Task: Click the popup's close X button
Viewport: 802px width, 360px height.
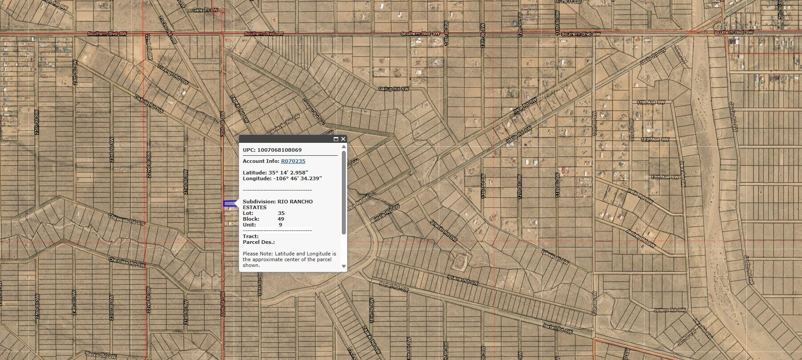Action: pos(343,139)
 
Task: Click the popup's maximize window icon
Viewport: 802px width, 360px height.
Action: pos(336,139)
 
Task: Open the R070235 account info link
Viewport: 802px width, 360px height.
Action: pos(293,161)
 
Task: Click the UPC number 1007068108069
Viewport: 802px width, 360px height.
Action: pos(279,150)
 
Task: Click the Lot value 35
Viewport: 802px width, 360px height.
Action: pos(281,213)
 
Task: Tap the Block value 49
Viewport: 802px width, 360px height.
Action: pos(280,219)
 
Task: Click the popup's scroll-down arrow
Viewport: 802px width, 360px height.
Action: pos(343,266)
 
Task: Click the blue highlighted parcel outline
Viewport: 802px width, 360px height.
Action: pos(229,204)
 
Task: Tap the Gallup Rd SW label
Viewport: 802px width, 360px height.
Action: pos(393,89)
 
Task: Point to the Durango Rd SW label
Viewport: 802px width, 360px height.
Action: pos(173,74)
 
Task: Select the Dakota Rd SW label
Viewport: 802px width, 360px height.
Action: pos(149,103)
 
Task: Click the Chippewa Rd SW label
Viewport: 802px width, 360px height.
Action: pos(126,219)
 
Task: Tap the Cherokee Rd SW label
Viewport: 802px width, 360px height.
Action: pos(127,263)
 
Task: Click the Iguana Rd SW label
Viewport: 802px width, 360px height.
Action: pos(463,279)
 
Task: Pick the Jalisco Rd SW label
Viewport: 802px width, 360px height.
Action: pos(670,310)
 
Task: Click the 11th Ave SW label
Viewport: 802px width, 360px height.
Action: pos(650,102)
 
